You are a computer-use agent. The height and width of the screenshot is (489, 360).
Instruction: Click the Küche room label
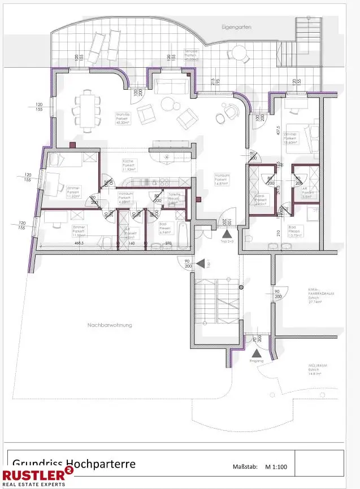pyautogui.click(x=129, y=164)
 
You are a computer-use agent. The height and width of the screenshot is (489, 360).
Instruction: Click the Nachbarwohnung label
pyautogui.click(x=109, y=325)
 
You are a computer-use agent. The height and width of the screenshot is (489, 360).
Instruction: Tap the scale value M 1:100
pyautogui.click(x=276, y=467)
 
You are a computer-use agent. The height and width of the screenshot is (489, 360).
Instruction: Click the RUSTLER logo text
pyautogui.click(x=33, y=474)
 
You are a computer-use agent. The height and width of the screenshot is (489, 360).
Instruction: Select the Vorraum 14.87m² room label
pyautogui.click(x=222, y=179)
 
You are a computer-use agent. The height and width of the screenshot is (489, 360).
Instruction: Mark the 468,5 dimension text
pyautogui.click(x=63, y=243)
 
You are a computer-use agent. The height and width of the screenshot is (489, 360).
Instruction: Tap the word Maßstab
pyautogui.click(x=245, y=467)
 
